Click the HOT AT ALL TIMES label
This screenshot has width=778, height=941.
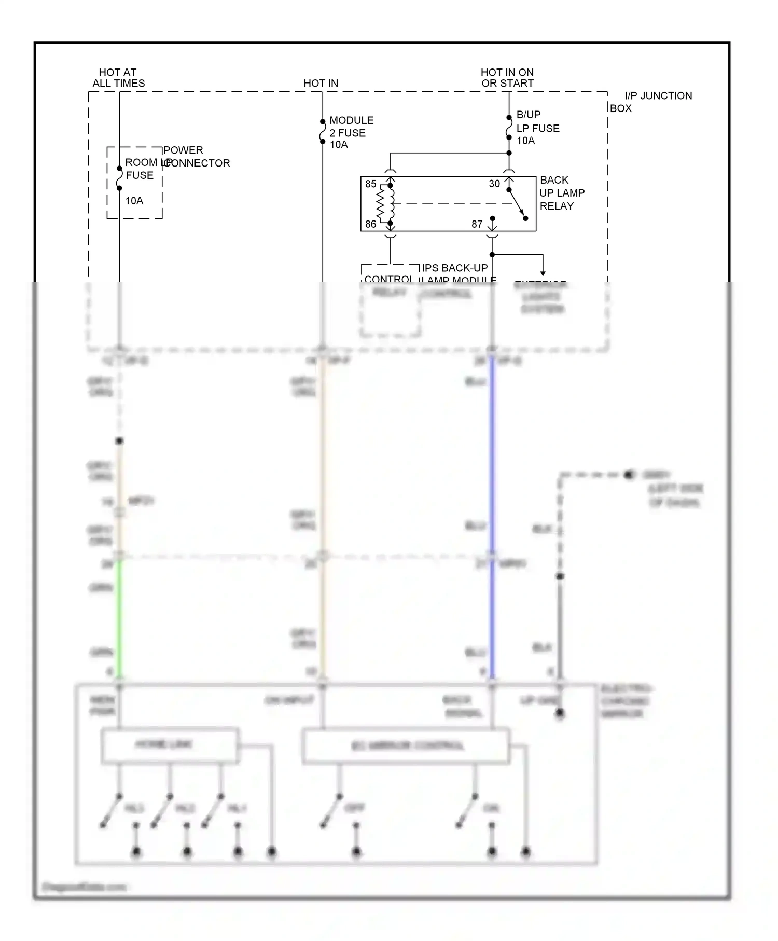click(x=118, y=78)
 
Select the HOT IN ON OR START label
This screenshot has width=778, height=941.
click(x=507, y=78)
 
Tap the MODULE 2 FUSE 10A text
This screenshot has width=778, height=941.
click(x=351, y=132)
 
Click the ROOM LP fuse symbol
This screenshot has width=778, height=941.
click(x=119, y=178)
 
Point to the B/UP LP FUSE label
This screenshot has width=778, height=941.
click(x=537, y=128)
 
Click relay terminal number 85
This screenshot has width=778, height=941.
click(x=370, y=184)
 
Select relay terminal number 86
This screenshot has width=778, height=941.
click(x=370, y=224)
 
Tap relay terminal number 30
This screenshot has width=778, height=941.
click(x=494, y=184)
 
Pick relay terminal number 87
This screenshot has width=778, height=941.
click(x=477, y=224)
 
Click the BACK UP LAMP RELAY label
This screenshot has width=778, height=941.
click(x=561, y=193)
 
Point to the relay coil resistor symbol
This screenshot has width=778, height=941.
click(x=381, y=204)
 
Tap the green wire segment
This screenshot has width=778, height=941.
click(x=119, y=617)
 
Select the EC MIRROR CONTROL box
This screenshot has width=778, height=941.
click(x=406, y=746)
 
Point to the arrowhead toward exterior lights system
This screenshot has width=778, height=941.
click(x=543, y=273)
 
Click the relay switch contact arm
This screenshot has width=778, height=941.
click(x=517, y=204)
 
